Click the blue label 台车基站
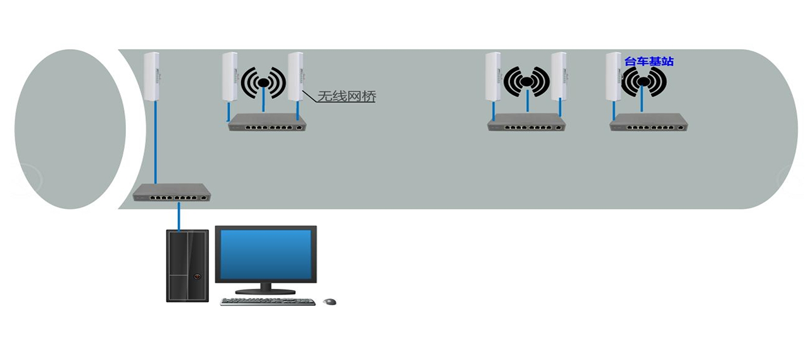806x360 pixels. pos(649,62)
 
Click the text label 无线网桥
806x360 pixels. pos(347,96)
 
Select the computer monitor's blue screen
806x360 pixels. pos(266,254)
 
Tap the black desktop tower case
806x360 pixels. pos(188,266)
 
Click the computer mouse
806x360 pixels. pos(329,301)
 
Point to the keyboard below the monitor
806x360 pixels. pos(268,301)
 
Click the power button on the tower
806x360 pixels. pos(197,276)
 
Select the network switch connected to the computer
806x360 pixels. pos(172,193)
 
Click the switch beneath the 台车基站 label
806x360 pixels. pos(649,122)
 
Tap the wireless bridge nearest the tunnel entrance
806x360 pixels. pos(152,76)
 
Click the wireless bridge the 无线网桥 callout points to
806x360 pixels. pos(295,76)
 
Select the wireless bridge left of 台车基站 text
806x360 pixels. pos(613,76)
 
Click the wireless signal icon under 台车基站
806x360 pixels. pos(644,82)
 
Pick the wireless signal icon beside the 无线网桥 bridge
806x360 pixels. pos(263,82)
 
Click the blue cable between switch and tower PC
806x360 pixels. pos(178,217)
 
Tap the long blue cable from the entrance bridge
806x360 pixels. pos(156,142)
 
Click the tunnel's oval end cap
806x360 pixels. pos(70,129)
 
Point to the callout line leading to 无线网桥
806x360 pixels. pos(309,96)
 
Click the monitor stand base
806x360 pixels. pos(266,291)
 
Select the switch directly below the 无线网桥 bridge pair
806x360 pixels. pos(268,122)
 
